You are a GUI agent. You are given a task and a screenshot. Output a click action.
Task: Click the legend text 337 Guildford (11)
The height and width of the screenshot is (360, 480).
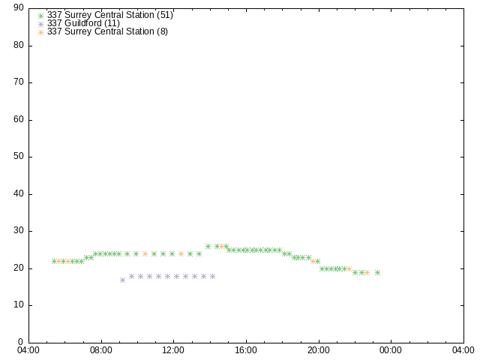[83, 23]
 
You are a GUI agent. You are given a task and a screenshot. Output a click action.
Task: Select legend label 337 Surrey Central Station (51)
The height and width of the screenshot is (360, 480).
[110, 15]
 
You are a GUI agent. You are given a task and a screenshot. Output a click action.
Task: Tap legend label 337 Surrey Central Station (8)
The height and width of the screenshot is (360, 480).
[107, 31]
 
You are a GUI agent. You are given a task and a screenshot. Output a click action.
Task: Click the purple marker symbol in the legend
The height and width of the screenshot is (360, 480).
[40, 24]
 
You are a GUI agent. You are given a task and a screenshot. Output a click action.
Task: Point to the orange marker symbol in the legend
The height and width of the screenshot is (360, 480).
[40, 32]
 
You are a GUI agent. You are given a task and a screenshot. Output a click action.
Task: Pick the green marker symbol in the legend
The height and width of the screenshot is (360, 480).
[40, 16]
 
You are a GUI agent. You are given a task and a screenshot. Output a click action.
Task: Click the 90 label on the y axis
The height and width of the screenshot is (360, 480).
[19, 7]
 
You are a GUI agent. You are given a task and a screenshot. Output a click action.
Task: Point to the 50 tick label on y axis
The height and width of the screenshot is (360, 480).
[19, 157]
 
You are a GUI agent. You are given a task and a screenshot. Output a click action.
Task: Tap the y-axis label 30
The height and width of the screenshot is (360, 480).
[19, 231]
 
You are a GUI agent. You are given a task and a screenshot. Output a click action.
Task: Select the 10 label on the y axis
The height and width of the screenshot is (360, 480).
[19, 305]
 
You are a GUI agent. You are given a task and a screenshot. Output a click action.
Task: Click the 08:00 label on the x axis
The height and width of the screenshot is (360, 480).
[101, 350]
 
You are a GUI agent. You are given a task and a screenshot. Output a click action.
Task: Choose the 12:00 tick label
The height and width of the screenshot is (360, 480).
[173, 350]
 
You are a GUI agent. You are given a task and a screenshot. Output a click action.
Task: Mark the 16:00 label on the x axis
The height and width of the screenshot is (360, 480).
[246, 350]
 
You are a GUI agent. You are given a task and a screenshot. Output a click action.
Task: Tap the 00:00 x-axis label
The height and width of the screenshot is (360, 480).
[391, 350]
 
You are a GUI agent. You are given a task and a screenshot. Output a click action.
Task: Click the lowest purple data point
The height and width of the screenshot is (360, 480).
[122, 280]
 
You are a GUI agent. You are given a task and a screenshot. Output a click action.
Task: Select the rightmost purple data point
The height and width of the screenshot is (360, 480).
[212, 277]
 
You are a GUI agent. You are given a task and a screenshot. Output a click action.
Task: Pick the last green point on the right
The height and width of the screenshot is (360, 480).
[377, 272]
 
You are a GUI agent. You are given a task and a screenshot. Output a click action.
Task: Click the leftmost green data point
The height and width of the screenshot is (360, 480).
[54, 261]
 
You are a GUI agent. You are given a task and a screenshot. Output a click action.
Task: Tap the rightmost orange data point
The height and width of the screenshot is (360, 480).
[367, 272]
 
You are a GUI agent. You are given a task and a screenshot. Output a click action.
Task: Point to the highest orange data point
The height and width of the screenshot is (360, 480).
[222, 246]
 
